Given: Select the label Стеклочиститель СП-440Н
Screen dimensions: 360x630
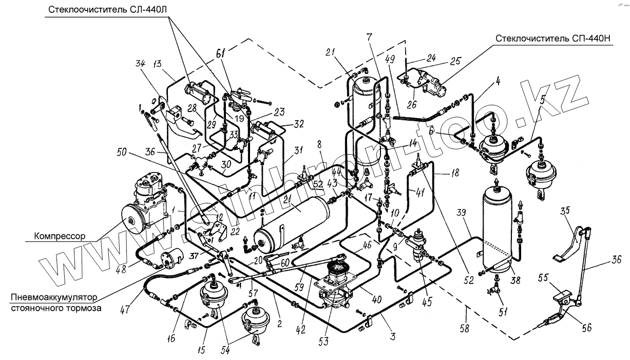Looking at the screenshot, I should point(553,39).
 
